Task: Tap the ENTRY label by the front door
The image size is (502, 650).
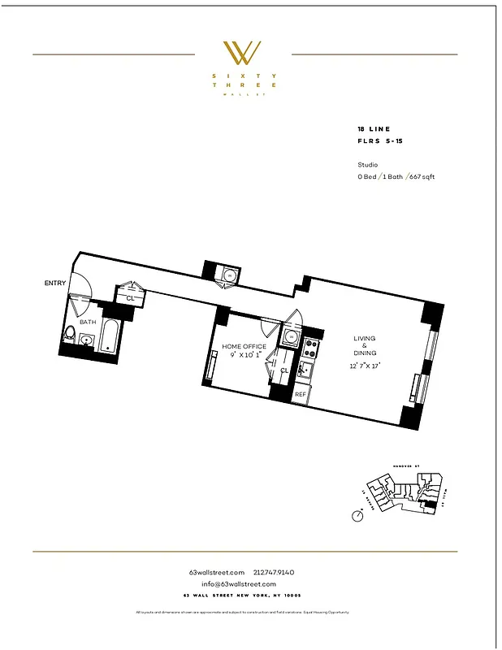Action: click(x=55, y=283)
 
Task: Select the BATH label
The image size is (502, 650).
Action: click(x=87, y=322)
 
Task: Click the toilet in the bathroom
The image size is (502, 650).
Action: click(x=71, y=334)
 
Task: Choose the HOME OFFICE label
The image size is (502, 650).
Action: click(x=243, y=347)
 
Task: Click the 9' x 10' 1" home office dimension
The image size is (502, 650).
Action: click(x=244, y=356)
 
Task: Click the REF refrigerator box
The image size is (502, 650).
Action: click(x=301, y=394)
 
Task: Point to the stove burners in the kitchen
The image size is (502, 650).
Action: click(x=309, y=350)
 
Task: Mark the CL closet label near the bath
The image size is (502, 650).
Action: click(x=130, y=298)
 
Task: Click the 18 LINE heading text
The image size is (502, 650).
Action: click(x=373, y=130)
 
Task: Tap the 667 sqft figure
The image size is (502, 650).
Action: click(x=422, y=176)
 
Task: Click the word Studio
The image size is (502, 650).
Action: click(x=367, y=164)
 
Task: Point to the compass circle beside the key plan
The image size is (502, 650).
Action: click(x=357, y=515)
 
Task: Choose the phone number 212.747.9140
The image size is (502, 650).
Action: click(x=282, y=573)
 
